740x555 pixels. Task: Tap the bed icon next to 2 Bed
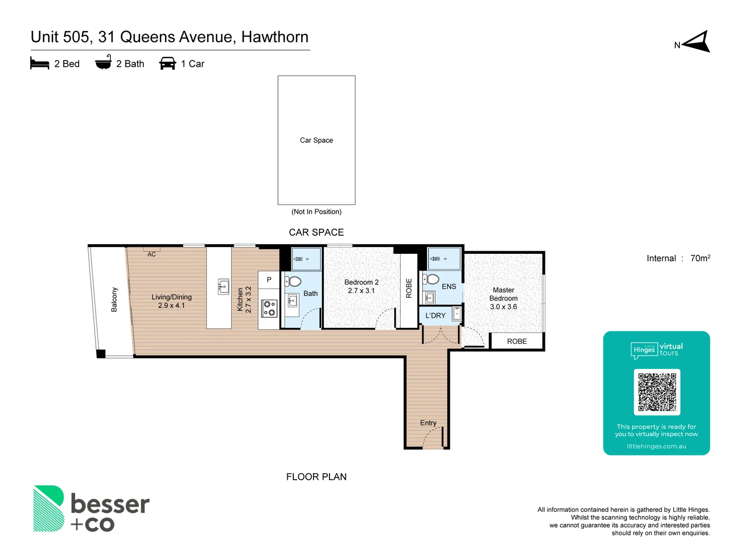[x=40, y=63]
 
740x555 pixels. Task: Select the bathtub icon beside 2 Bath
[x=103, y=62]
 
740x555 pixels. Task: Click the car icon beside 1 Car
[x=168, y=63]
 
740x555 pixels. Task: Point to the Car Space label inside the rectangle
[x=316, y=140]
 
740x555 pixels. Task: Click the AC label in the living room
[x=152, y=254]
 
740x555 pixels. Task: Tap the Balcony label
[x=114, y=300]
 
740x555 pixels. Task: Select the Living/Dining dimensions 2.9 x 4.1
[x=171, y=305]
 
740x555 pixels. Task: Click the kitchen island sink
[x=223, y=287]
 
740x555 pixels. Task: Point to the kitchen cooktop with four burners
[x=269, y=308]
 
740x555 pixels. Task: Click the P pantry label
[x=269, y=280]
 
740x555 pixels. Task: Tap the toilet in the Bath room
[x=293, y=281]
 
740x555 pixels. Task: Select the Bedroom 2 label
[x=361, y=282]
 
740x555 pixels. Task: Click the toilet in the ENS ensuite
[x=431, y=279]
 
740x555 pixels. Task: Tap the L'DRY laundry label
[x=435, y=316]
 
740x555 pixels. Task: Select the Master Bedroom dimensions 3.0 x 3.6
[x=503, y=307]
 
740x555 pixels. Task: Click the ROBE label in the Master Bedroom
[x=516, y=341]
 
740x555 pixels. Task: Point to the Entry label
[x=428, y=423]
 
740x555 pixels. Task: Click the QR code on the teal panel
[x=657, y=392]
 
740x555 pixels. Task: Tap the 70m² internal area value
[x=700, y=258]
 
